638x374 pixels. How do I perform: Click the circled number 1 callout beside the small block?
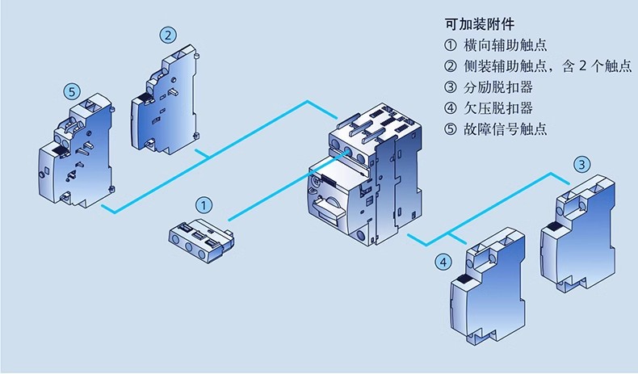(205, 205)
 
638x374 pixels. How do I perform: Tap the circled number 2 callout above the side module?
(167, 35)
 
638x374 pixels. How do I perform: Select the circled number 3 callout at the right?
(582, 165)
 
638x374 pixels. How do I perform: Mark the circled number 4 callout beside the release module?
(443, 262)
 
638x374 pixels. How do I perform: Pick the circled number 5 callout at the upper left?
(73, 92)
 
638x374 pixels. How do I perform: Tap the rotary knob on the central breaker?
(331, 205)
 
